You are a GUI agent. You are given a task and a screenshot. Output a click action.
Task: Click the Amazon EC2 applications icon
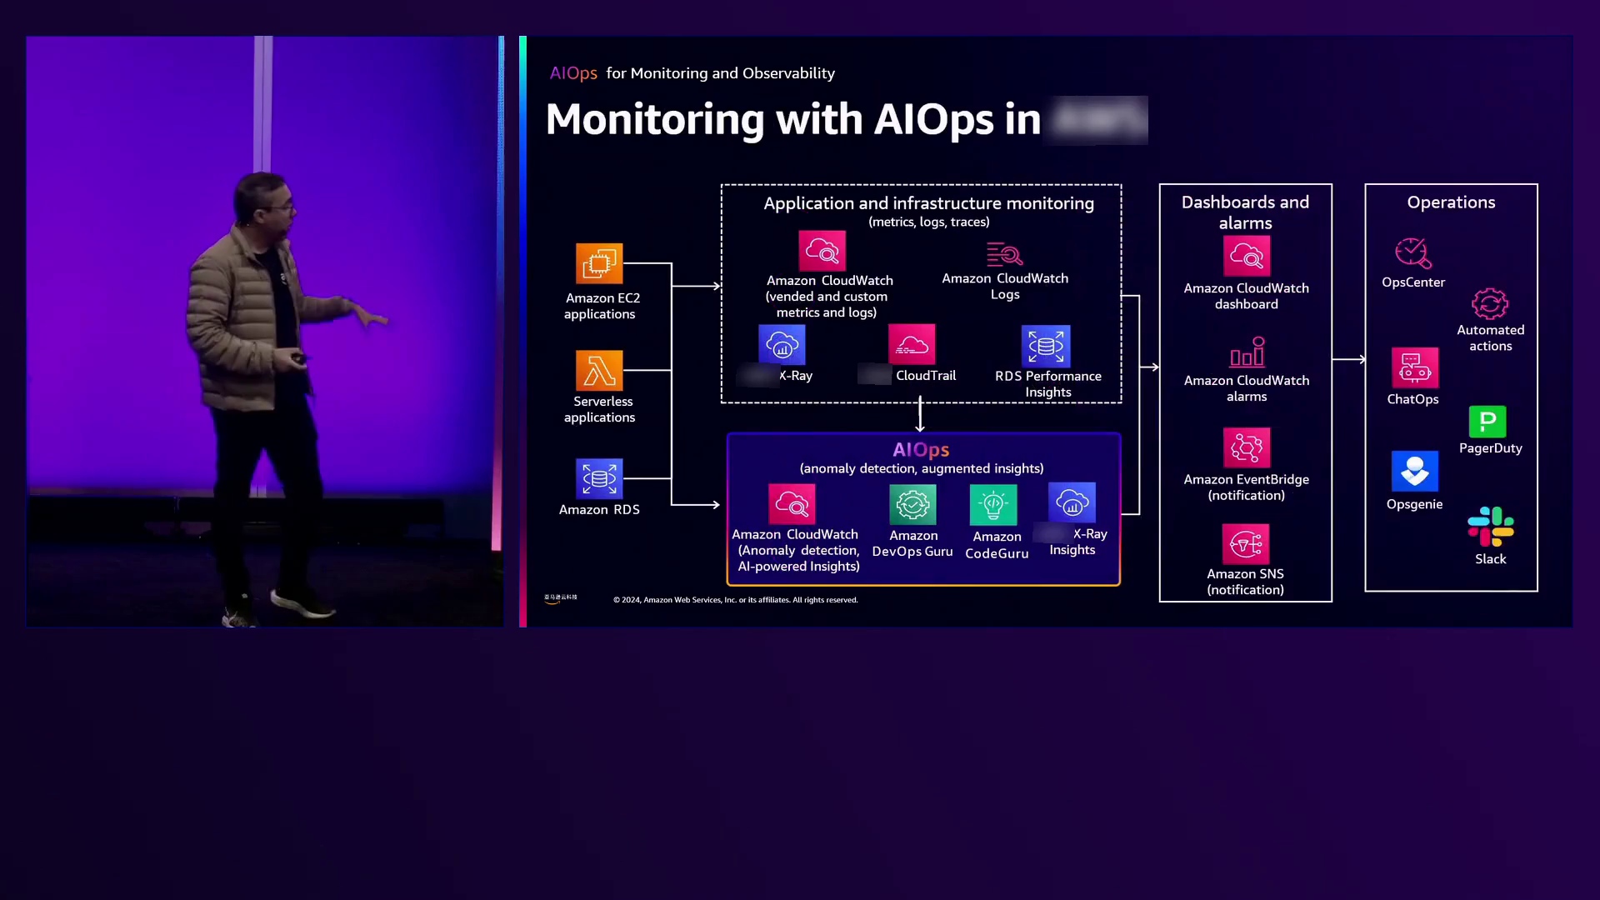tap(598, 263)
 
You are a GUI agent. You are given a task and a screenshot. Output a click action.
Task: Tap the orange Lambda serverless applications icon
tap(598, 370)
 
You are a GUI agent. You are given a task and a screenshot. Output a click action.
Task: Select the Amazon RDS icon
tap(598, 478)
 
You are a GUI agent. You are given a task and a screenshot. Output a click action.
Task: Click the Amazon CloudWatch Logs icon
tap(1004, 253)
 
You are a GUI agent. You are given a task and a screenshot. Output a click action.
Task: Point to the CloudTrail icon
tap(912, 344)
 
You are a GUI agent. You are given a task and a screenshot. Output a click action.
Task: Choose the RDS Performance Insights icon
tap(1046, 346)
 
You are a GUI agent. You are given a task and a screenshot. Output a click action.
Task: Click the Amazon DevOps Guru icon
tap(912, 504)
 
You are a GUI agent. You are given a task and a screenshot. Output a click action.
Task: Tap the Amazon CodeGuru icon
tap(993, 505)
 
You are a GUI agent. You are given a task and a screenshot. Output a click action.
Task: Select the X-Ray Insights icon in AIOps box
tap(1072, 502)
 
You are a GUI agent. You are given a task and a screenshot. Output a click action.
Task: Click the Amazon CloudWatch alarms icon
tap(1247, 352)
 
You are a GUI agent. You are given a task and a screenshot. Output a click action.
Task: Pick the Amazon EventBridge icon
tap(1247, 447)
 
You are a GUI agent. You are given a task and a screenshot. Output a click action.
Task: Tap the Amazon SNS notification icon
tap(1246, 544)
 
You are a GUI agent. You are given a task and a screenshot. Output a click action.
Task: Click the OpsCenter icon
tap(1413, 253)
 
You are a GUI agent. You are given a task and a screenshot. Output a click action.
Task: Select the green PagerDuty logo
tap(1487, 422)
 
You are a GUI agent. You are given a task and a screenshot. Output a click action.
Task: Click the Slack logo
tap(1491, 527)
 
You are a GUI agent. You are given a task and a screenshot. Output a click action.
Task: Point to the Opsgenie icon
tap(1414, 472)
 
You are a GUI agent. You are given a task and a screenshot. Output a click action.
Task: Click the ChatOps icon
tap(1414, 367)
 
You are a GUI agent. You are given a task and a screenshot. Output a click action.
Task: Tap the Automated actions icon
tap(1490, 304)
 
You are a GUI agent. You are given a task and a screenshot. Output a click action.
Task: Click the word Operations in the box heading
tap(1451, 202)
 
